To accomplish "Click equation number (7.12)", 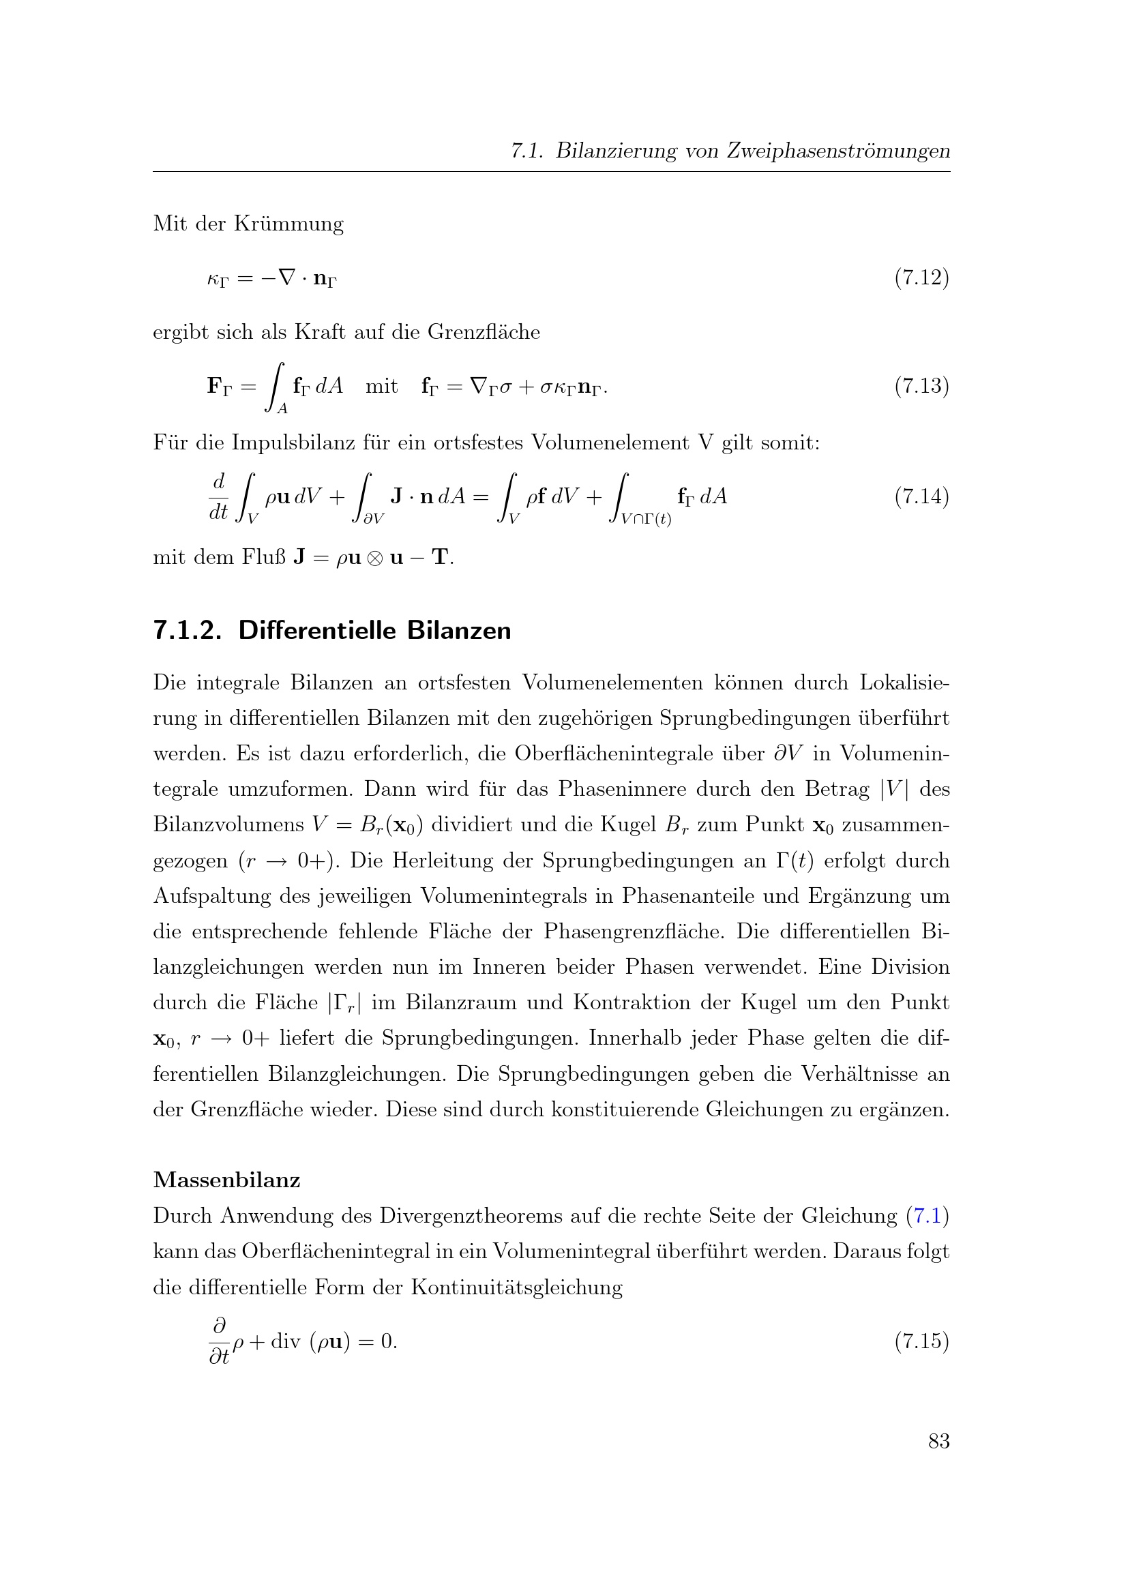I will pyautogui.click(x=921, y=278).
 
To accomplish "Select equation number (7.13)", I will pyautogui.click(x=921, y=385).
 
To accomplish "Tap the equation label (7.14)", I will pyautogui.click(x=921, y=496).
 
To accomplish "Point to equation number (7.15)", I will pyautogui.click(x=921, y=1341).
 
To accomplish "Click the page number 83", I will pyautogui.click(x=939, y=1441).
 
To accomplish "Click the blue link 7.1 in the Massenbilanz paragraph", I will pyautogui.click(x=927, y=1216).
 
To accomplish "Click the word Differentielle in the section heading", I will pyautogui.click(x=316, y=631).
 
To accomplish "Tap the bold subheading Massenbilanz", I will pyautogui.click(x=226, y=1180).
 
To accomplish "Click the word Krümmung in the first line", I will pyautogui.click(x=288, y=224).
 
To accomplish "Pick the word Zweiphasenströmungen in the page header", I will pyautogui.click(x=838, y=151).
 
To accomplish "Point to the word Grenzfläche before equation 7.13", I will pyautogui.click(x=484, y=332).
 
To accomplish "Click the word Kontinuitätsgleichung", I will pyautogui.click(x=516, y=1287).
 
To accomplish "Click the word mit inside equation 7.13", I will pyautogui.click(x=381, y=386).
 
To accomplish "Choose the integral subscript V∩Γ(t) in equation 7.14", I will pyautogui.click(x=646, y=519).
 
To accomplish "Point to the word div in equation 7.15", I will pyautogui.click(x=285, y=1341).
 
